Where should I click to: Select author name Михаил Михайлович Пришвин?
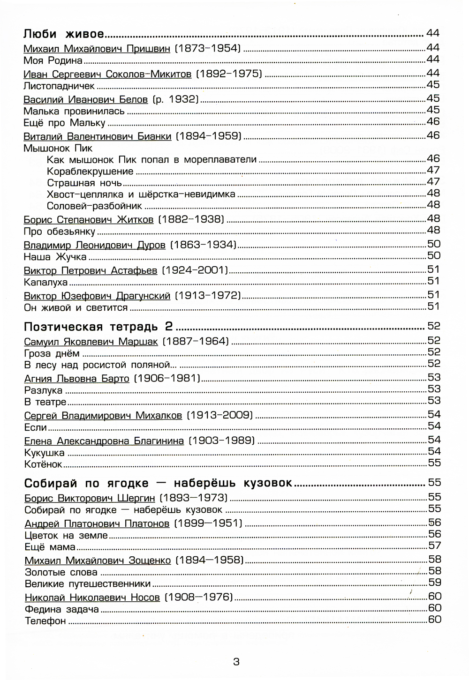pyautogui.click(x=97, y=48)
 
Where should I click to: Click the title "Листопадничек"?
pyautogui.click(x=59, y=86)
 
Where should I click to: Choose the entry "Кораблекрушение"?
pyautogui.click(x=90, y=171)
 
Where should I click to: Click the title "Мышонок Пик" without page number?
pyautogui.click(x=58, y=148)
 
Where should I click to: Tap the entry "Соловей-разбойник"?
pyautogui.click(x=94, y=205)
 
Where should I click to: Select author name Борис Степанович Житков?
pyautogui.click(x=88, y=219)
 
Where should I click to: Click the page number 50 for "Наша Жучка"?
pyautogui.click(x=434, y=255)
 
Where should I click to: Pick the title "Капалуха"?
pyautogui.click(x=45, y=282)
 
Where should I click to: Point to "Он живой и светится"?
pyautogui.click(x=76, y=308)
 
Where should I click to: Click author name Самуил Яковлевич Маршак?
pyautogui.click(x=91, y=341)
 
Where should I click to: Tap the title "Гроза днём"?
pyautogui.click(x=52, y=353)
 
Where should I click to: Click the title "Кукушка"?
pyautogui.click(x=44, y=453)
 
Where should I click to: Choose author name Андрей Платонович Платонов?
pyautogui.click(x=97, y=523)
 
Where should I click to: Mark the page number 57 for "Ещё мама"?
pyautogui.click(x=434, y=545)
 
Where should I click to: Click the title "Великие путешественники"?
pyautogui.click(x=87, y=583)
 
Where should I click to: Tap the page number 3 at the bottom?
pyautogui.click(x=236, y=662)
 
